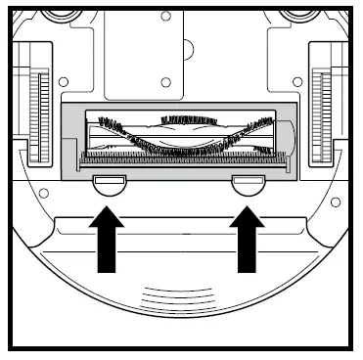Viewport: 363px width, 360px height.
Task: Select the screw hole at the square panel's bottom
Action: point(165,81)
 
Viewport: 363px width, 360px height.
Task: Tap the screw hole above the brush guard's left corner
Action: point(64,83)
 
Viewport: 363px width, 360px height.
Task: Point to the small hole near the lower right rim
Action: point(335,202)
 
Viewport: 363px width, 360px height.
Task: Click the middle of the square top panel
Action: point(166,49)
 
